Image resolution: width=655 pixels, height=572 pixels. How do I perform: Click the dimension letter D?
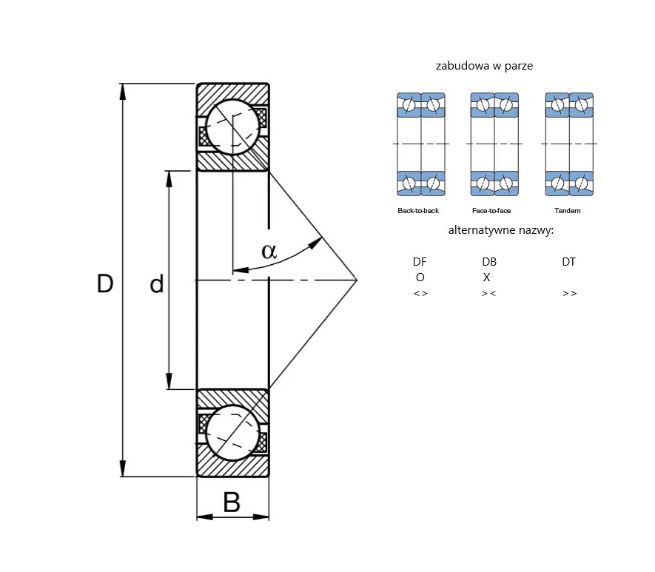105,283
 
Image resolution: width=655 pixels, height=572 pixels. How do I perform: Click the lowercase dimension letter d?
157,284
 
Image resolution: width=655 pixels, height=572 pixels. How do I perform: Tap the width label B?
232,502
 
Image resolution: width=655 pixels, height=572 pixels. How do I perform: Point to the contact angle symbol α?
269,251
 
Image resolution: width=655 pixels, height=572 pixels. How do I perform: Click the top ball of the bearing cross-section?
232,127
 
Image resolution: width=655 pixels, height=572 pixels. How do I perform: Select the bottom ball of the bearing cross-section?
232,433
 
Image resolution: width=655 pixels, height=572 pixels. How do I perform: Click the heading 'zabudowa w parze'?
484,66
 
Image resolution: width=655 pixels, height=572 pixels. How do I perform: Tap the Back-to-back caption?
418,211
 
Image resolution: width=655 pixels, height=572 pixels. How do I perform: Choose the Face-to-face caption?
491,211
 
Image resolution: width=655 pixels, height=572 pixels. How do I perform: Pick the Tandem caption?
568,211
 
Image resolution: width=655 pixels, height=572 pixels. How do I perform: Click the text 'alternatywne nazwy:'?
501,230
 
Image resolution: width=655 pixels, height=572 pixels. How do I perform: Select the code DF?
420,262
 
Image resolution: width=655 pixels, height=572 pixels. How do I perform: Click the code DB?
489,262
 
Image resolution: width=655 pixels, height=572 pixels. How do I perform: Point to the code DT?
569,262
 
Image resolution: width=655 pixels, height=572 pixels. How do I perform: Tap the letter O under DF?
420,277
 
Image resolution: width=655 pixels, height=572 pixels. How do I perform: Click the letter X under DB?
487,277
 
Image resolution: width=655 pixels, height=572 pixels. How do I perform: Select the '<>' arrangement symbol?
420,294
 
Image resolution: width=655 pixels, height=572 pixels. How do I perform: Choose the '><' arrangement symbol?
488,294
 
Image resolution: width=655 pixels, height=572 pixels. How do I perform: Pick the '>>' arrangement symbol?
570,294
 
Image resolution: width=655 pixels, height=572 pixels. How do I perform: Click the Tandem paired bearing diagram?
569,144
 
